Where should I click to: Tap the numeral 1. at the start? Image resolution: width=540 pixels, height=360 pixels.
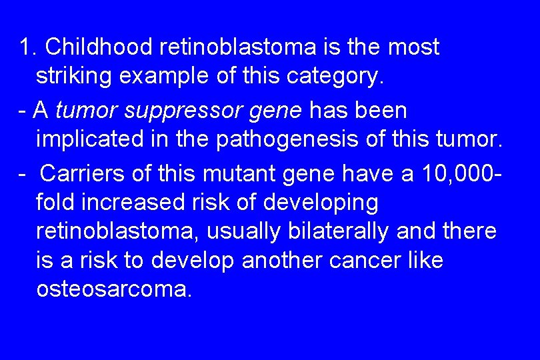[x=28, y=47]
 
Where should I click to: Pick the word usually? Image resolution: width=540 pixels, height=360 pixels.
[x=245, y=231]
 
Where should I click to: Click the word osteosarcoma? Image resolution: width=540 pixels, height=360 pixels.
[x=113, y=289]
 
